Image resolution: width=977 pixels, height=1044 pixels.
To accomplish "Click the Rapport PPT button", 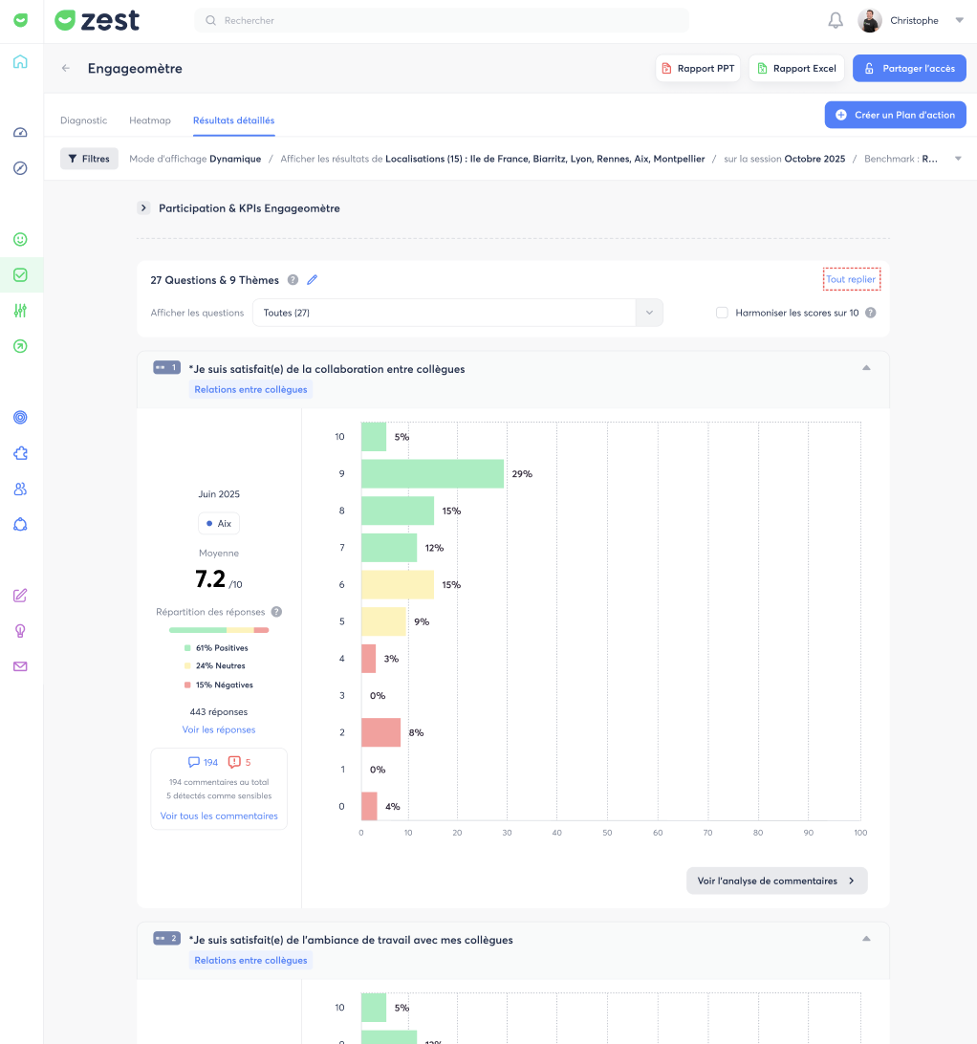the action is point(698,69).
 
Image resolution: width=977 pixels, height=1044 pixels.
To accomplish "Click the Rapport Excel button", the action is point(796,69).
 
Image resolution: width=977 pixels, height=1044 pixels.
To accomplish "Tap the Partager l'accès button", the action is point(909,69).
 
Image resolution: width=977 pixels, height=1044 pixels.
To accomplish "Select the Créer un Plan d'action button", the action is point(895,115).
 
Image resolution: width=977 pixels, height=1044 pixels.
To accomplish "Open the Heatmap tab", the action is point(150,120).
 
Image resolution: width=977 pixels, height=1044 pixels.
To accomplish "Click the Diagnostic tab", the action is point(83,120).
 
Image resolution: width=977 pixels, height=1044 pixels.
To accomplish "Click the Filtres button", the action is point(89,159).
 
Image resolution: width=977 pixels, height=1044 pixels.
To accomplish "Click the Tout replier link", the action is point(851,279).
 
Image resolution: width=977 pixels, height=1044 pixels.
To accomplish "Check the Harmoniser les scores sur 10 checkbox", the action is point(722,313).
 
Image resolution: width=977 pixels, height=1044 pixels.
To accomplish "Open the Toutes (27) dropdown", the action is point(458,313).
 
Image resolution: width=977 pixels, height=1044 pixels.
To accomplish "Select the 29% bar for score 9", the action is point(432,474).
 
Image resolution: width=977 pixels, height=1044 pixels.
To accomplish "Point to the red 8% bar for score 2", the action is point(380,732).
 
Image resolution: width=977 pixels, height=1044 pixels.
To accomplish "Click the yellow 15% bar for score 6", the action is point(398,584).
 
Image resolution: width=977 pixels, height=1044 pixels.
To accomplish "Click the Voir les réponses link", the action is point(219,729).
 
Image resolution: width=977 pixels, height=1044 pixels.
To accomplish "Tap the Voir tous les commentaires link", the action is point(219,816).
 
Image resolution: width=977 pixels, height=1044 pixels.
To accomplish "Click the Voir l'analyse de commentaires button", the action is point(776,881).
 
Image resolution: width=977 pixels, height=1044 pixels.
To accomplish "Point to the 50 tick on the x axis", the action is point(607,833).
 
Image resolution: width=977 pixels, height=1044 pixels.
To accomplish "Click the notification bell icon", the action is point(836,21).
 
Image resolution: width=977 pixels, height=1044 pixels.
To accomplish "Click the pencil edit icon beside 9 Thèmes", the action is point(313,280).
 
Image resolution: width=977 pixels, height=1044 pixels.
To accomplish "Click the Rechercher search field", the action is point(442,21).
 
